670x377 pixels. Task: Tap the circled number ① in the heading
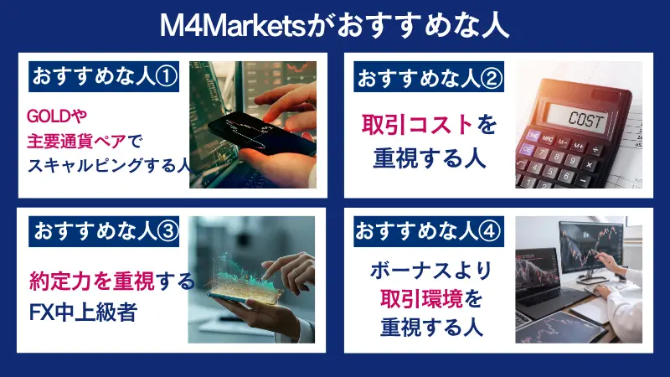pos(167,76)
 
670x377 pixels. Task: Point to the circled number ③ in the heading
pos(167,232)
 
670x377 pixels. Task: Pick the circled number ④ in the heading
pos(492,231)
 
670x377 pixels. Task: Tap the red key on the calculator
pos(530,150)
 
